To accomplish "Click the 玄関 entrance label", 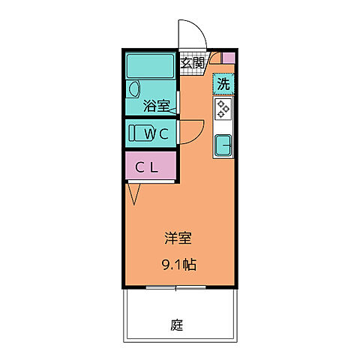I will pos(192,63).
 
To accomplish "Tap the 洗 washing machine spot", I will pos(223,84).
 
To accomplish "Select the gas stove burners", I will pos(223,109).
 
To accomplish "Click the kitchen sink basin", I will pos(223,144).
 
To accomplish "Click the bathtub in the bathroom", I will pos(151,66).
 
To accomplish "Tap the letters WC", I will pos(160,134).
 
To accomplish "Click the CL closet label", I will pos(146,167).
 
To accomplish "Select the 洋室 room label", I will pos(178,239).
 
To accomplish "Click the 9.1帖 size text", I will pos(178,264).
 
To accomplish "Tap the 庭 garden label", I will pos(177,325).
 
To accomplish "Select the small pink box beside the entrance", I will pos(228,57).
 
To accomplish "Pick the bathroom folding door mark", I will pos(173,111).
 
